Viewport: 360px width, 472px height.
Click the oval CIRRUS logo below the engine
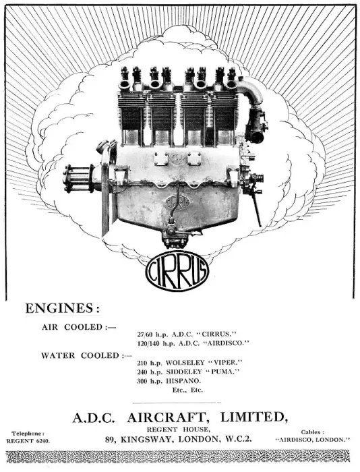pos(177,271)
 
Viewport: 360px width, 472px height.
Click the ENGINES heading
pos(62,308)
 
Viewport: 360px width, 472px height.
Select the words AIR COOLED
pos(72,327)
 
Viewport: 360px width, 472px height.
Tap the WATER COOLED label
pos(80,355)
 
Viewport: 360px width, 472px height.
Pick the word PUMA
pos(222,372)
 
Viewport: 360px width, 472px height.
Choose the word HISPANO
pos(183,381)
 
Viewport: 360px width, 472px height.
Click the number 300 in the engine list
pos(142,381)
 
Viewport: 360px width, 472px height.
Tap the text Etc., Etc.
pos(187,390)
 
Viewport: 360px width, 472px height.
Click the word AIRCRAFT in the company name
pos(167,418)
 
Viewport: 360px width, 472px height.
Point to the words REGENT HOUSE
pos(177,430)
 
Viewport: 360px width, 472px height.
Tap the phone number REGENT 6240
pos(28,441)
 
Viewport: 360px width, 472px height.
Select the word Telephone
pos(28,434)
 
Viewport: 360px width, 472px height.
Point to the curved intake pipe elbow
pos(251,90)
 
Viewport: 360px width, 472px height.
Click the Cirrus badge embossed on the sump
pos(177,202)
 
